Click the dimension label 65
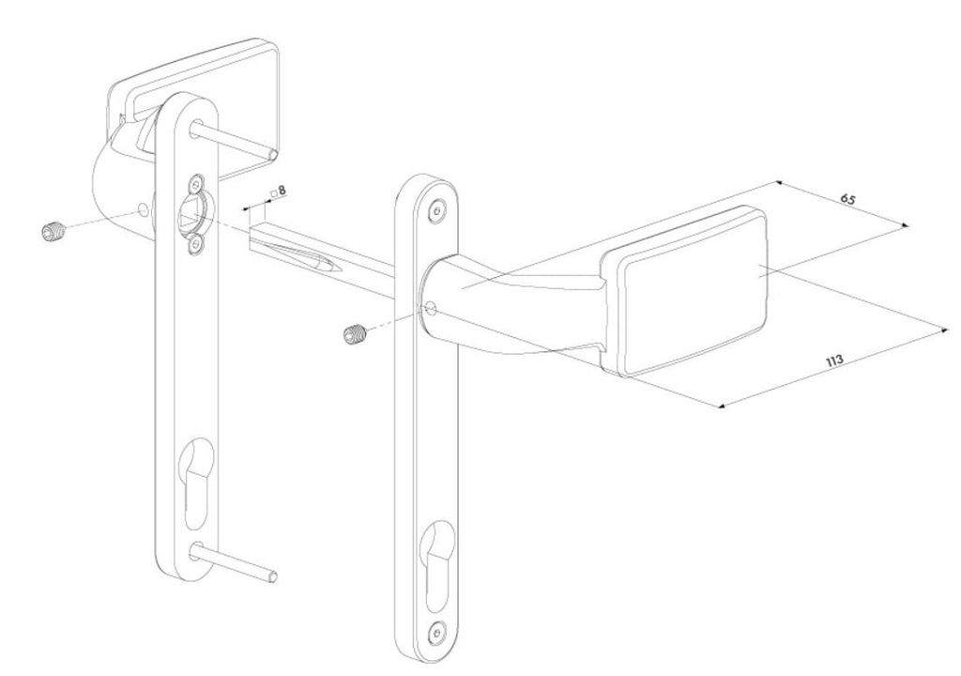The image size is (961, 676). pos(847,200)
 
